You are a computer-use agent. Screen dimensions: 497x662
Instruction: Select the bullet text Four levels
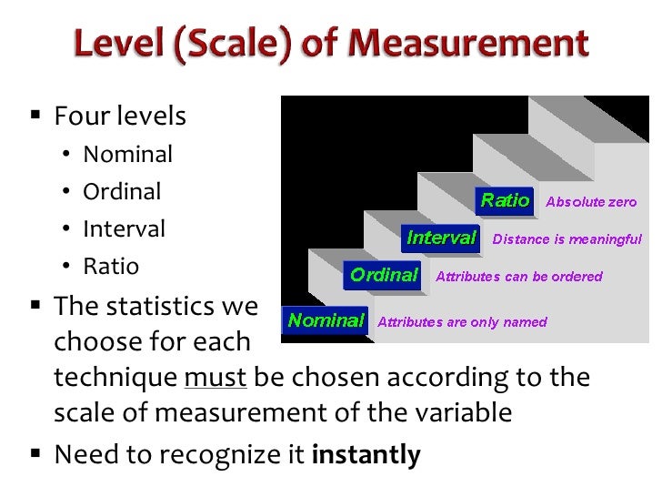tap(120, 117)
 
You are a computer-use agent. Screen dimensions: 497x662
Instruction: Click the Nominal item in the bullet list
tap(127, 154)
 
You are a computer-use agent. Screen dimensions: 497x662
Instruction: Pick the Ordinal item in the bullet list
tap(122, 191)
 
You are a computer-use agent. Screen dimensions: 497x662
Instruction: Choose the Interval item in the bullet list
tap(124, 228)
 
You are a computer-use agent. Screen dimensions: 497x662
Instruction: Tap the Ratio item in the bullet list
tap(111, 266)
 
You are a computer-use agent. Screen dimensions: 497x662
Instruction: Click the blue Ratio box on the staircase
tap(505, 200)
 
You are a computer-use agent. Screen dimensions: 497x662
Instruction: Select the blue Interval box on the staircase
tap(441, 238)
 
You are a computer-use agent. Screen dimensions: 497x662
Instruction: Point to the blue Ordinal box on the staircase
tap(384, 275)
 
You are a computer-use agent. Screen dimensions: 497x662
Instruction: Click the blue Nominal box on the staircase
tap(326, 319)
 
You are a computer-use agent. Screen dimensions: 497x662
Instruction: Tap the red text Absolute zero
tap(591, 202)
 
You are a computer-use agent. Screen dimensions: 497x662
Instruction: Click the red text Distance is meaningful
tap(567, 239)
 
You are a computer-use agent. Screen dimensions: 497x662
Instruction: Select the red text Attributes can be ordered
tap(519, 276)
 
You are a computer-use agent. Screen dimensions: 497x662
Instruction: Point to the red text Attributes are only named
tap(462, 321)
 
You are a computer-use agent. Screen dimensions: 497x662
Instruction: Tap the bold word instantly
tap(366, 454)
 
